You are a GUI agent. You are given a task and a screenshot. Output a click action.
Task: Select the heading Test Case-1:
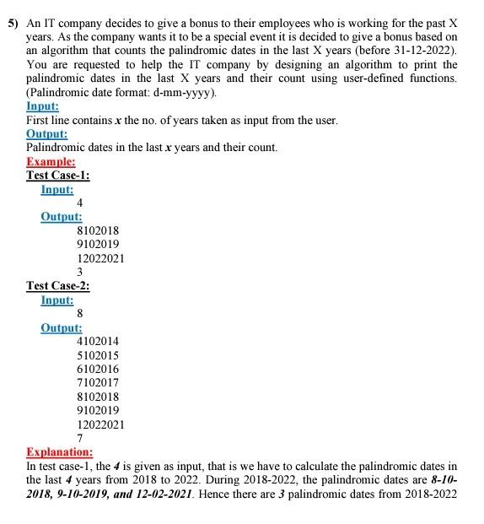pyautogui.click(x=58, y=175)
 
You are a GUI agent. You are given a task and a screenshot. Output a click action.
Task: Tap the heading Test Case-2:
pyautogui.click(x=58, y=285)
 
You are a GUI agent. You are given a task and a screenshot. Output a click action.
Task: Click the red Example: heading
pyautogui.click(x=51, y=161)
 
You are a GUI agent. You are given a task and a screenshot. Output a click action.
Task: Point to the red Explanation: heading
pyautogui.click(x=59, y=451)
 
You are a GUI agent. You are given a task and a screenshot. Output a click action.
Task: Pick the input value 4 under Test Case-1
pyautogui.click(x=79, y=203)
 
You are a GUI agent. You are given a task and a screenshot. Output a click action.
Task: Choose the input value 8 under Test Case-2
pyautogui.click(x=79, y=313)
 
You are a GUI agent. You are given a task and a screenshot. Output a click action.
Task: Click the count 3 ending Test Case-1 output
pyautogui.click(x=79, y=272)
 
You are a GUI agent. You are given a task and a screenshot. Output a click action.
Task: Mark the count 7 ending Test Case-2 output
pyautogui.click(x=79, y=438)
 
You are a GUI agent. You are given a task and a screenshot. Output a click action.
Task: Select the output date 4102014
pyautogui.click(x=98, y=341)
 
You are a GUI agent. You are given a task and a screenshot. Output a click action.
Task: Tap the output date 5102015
pyautogui.click(x=98, y=355)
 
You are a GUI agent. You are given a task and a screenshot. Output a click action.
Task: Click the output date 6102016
pyautogui.click(x=98, y=369)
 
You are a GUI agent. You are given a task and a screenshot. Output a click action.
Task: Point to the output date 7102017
pyautogui.click(x=98, y=382)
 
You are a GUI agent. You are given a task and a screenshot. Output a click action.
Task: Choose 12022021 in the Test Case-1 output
pyautogui.click(x=100, y=258)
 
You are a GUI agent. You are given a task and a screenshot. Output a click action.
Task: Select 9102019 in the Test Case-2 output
pyautogui.click(x=98, y=410)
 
